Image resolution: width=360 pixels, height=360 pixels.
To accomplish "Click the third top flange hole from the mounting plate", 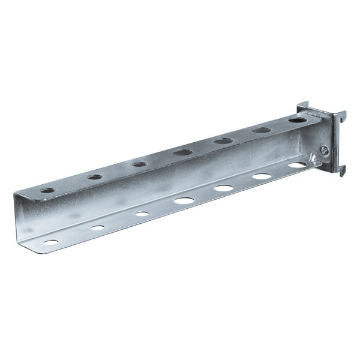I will click(x=223, y=142).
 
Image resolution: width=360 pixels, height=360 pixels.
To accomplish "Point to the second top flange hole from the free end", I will click(x=94, y=177).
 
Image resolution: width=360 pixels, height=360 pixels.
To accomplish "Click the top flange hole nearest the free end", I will click(x=47, y=191).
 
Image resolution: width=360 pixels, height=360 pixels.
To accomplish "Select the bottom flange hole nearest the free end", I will click(x=52, y=243).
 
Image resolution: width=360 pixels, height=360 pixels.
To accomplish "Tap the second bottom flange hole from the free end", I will click(x=97, y=228).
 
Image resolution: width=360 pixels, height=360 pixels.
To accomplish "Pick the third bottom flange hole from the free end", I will click(x=142, y=213).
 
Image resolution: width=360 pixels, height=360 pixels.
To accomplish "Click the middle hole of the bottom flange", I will click(x=184, y=200).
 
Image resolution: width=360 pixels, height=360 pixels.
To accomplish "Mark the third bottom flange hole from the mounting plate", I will click(x=224, y=188).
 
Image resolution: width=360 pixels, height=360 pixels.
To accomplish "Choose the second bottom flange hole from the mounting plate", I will click(x=262, y=176).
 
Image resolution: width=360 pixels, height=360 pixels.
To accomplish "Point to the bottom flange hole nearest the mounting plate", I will click(x=296, y=165).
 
